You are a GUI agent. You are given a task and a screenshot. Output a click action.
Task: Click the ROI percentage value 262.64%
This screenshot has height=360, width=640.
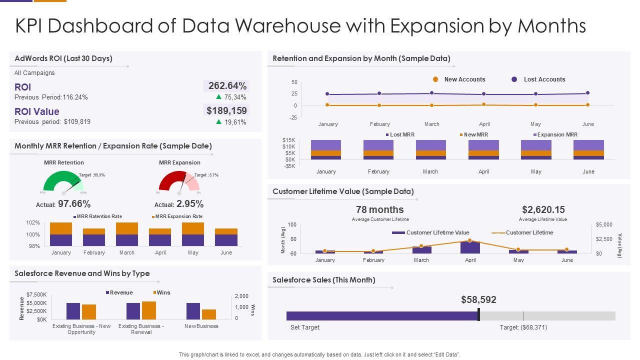pyautogui.click(x=227, y=86)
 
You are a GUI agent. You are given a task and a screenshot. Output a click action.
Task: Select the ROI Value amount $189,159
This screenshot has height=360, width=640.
pyautogui.click(x=227, y=110)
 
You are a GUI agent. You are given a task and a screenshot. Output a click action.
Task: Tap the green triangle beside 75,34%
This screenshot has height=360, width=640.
pyautogui.click(x=219, y=97)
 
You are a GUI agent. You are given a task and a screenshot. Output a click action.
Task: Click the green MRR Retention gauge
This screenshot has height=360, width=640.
pyautogui.click(x=63, y=182)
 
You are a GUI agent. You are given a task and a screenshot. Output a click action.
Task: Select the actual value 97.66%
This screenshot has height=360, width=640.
pyautogui.click(x=74, y=204)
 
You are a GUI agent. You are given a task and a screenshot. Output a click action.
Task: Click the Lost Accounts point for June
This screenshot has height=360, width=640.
pyautogui.click(x=588, y=93)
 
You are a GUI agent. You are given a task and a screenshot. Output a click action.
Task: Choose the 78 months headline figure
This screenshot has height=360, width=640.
pyautogui.click(x=380, y=209)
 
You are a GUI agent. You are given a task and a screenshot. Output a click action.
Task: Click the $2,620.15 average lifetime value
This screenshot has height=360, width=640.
pyautogui.click(x=543, y=209)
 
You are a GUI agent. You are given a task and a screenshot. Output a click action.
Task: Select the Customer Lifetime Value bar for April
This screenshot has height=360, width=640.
pyautogui.click(x=470, y=247)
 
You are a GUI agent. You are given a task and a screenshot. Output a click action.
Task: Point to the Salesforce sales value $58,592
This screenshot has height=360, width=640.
pyautogui.click(x=478, y=300)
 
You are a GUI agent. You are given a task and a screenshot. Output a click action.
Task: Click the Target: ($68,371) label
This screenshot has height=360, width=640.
pyautogui.click(x=523, y=327)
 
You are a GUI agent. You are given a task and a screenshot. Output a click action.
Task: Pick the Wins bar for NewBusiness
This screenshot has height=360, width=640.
pyautogui.click(x=209, y=314)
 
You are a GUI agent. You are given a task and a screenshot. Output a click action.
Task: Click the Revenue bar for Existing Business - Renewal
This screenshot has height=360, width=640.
pyautogui.click(x=133, y=311)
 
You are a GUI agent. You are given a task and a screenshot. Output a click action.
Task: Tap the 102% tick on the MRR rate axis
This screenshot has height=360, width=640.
pyautogui.click(x=33, y=223)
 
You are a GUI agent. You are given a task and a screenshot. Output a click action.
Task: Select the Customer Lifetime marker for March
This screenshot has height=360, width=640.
pyautogui.click(x=421, y=246)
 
